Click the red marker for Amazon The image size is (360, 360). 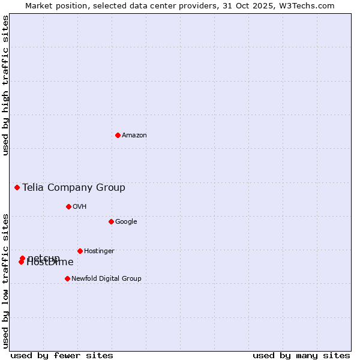(118, 135)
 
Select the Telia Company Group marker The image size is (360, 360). (17, 187)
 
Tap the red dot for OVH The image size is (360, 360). (68, 206)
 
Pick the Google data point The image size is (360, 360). (111, 221)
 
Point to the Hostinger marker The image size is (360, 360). (80, 251)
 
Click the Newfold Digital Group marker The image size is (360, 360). (67, 278)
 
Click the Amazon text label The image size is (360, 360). (134, 136)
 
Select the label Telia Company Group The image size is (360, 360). (74, 188)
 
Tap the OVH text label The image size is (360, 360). (80, 207)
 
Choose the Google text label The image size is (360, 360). (126, 222)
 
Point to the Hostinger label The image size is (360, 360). (99, 251)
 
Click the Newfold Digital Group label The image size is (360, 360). (106, 279)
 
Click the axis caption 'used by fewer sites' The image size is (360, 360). (62, 355)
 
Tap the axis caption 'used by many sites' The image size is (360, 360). (301, 355)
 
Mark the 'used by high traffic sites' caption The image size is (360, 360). (5, 85)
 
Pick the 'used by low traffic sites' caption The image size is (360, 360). (5, 280)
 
